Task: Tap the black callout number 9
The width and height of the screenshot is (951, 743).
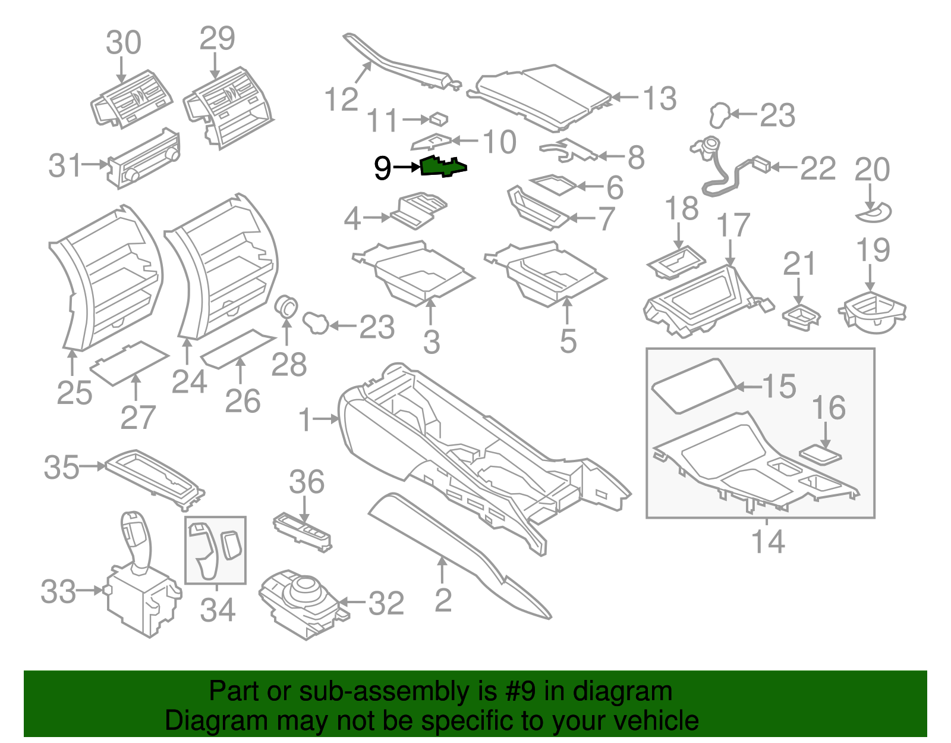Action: [x=383, y=168]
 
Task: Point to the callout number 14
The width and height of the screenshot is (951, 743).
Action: [x=768, y=541]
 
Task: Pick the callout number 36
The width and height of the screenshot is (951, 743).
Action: [x=307, y=482]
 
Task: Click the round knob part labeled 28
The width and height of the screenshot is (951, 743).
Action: [x=288, y=307]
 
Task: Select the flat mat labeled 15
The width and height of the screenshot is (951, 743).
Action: [x=693, y=385]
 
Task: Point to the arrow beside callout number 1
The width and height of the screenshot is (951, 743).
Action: [x=326, y=419]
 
